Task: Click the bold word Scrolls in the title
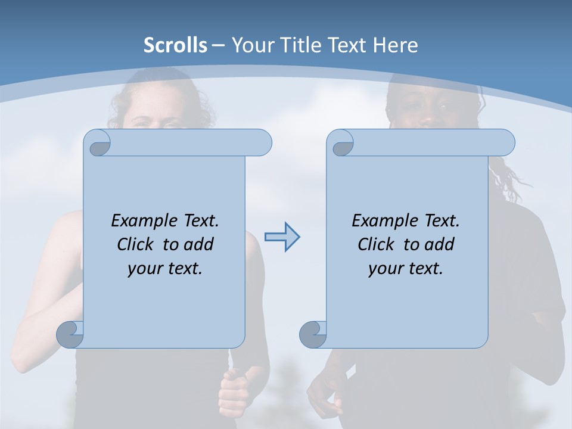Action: point(175,45)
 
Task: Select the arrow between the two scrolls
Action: point(282,237)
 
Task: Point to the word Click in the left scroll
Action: point(138,244)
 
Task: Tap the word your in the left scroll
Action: point(143,269)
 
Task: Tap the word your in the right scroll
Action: point(384,269)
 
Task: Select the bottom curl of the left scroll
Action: point(70,334)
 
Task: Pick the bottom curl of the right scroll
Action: point(313,334)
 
